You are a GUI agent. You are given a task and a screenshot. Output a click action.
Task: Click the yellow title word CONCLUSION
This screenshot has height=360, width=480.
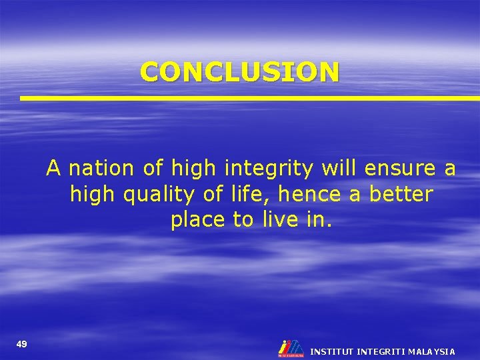239,71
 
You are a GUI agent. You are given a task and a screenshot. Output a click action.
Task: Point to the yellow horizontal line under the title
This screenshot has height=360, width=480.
249,98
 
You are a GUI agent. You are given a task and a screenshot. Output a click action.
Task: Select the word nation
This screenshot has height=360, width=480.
101,169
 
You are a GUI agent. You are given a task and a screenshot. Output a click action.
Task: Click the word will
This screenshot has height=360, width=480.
337,168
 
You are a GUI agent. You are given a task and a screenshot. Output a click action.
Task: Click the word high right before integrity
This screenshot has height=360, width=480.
194,169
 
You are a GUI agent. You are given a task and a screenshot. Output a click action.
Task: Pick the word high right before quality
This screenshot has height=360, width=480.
92,195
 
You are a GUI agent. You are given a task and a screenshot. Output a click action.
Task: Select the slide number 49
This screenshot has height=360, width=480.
22,344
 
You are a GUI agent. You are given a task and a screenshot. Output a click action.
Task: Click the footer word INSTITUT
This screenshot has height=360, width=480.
332,351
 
